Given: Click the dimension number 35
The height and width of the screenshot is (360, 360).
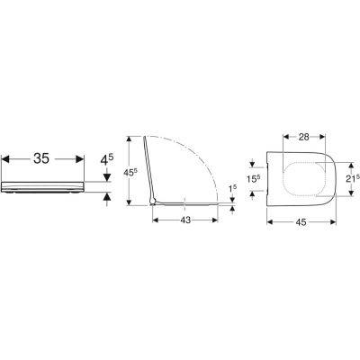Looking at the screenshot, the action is pyautogui.click(x=41, y=158).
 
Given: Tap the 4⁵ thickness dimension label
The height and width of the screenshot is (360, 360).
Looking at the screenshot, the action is pyautogui.click(x=107, y=160).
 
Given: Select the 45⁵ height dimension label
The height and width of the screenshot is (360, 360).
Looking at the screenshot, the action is pyautogui.click(x=131, y=173).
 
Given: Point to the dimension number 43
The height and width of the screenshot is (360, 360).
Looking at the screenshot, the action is pyautogui.click(x=185, y=220).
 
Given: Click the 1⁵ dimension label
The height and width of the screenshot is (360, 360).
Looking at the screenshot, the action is pyautogui.click(x=233, y=189).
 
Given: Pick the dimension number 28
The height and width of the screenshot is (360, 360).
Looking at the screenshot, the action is pyautogui.click(x=304, y=137).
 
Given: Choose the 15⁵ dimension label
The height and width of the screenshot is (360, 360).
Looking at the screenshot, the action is pyautogui.click(x=253, y=179).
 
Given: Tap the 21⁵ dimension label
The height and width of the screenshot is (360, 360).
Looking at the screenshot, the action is pyautogui.click(x=352, y=179).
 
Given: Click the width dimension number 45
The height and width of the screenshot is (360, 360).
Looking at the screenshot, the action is pyautogui.click(x=301, y=222).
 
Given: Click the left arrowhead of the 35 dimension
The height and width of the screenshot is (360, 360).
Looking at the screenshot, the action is pyautogui.click(x=5, y=159).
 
